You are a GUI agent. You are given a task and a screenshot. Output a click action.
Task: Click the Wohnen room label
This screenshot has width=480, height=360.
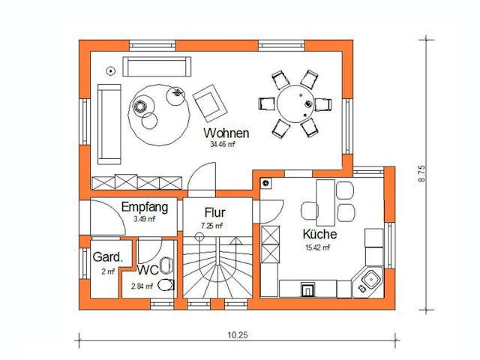pyautogui.click(x=226, y=133)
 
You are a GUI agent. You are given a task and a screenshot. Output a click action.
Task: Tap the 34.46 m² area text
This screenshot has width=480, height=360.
pyautogui.click(x=226, y=145)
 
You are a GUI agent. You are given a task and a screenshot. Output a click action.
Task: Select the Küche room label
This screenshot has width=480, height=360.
pyautogui.click(x=319, y=234)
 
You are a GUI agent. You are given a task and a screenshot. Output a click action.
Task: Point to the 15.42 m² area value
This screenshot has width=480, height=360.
pyautogui.click(x=318, y=247)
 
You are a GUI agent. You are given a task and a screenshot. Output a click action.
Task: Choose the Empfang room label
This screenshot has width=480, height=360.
pyautogui.click(x=144, y=207)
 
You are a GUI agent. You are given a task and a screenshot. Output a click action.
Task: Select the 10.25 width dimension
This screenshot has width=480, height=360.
pyautogui.click(x=236, y=335)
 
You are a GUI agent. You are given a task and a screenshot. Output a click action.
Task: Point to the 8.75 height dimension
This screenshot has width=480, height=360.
pyautogui.click(x=424, y=174)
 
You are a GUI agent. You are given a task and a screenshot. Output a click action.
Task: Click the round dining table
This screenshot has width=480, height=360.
pyautogui.click(x=294, y=103)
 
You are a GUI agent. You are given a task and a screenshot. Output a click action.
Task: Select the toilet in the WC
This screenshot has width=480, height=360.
pyautogui.click(x=166, y=284)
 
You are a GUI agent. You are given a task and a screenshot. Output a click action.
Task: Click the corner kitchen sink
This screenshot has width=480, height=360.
pyautogui.click(x=370, y=281)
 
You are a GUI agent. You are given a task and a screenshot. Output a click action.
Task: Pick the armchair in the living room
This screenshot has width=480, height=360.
pyautogui.click(x=208, y=103)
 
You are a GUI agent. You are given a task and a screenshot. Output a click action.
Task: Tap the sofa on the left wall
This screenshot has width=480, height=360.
pyautogui.click(x=108, y=123)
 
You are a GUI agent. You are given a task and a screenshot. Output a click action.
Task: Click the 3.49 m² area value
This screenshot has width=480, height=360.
pyautogui.click(x=144, y=220)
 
